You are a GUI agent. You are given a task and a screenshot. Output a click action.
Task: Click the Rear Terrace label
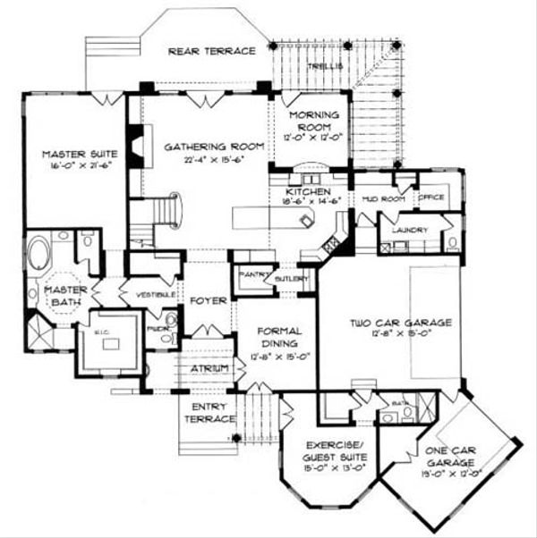pos(212,51)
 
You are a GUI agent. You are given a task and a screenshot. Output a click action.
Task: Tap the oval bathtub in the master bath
pos(38,253)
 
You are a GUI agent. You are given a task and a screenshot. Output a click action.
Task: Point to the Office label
pos(431,198)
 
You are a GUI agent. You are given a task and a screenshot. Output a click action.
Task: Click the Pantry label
pos(253,274)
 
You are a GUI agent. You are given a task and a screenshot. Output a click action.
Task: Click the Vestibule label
pos(154,293)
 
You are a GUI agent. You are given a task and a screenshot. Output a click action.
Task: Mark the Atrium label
pos(209,368)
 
